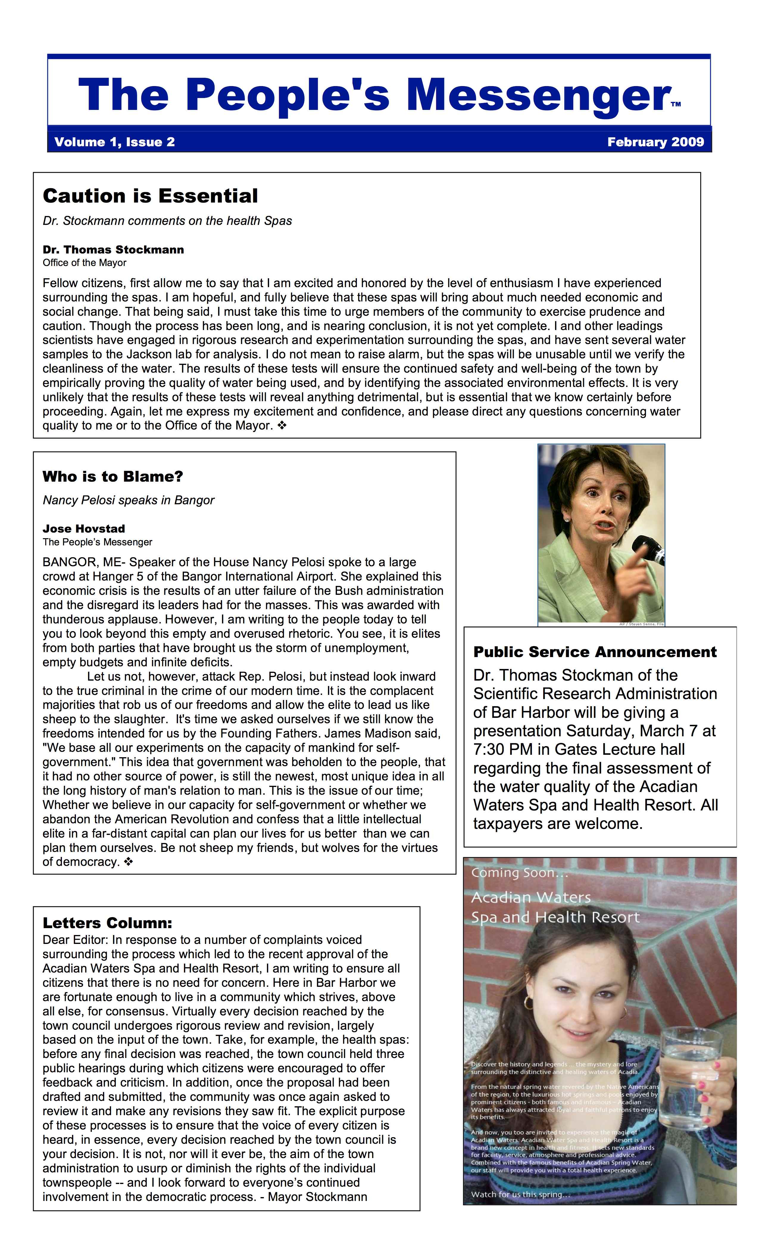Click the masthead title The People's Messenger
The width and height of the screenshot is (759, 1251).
point(374,95)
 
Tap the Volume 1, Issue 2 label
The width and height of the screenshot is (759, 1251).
point(114,142)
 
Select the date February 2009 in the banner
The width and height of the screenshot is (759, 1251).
point(655,142)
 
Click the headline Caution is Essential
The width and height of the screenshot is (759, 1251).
point(150,196)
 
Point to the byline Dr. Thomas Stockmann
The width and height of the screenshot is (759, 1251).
point(113,250)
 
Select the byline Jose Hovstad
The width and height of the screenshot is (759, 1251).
point(84,528)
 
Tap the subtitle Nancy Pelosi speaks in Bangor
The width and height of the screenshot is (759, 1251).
point(128,500)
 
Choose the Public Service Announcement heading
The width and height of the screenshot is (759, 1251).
point(595,652)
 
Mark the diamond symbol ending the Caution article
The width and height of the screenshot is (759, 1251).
point(282,425)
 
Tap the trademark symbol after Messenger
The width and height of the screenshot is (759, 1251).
point(675,105)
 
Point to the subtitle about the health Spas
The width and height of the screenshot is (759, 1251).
point(167,221)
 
